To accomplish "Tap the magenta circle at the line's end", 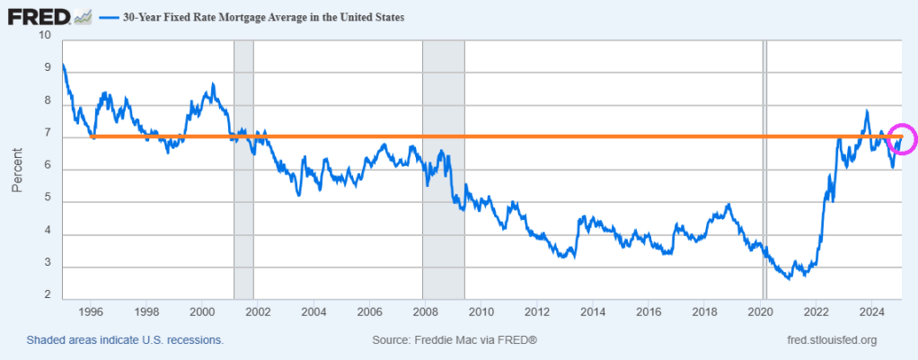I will click(x=903, y=139).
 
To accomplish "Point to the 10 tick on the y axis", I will click(x=45, y=36).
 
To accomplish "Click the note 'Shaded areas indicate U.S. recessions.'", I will click(x=125, y=340).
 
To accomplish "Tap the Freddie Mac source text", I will click(x=454, y=340).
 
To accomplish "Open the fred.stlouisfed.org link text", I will click(x=830, y=340).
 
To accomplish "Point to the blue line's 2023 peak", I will click(x=867, y=111).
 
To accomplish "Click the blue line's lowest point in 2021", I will click(x=789, y=279).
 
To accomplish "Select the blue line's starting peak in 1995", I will click(x=63, y=65).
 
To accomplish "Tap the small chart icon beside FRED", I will click(x=84, y=16).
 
